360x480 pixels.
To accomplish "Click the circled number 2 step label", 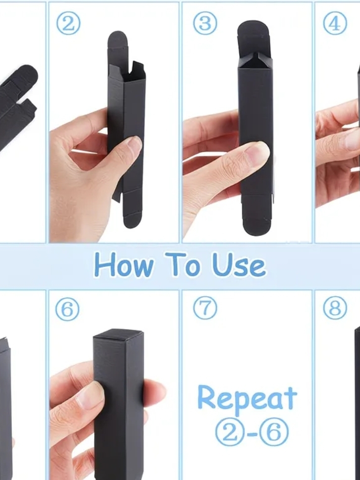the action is pyautogui.click(x=68, y=23).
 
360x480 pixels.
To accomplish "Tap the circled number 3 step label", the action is pyautogui.click(x=205, y=23).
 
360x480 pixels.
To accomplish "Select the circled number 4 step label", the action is pyautogui.click(x=335, y=23).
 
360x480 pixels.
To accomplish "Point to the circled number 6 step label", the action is pyautogui.click(x=67, y=309).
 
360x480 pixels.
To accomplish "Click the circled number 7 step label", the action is pyautogui.click(x=205, y=308).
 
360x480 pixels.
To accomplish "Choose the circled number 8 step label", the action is pyautogui.click(x=335, y=308).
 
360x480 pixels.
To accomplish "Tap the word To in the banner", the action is pyautogui.click(x=182, y=264).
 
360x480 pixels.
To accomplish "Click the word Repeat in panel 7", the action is pyautogui.click(x=247, y=398).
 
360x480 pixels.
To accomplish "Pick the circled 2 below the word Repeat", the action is pyautogui.click(x=230, y=432).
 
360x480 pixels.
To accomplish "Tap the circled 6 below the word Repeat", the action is pyautogui.click(x=274, y=432).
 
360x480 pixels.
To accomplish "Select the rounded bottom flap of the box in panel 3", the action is pyautogui.click(x=257, y=226).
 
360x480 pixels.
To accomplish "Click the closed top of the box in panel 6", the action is pyautogui.click(x=119, y=334).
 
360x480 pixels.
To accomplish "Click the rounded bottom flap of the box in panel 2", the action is pyautogui.click(x=133, y=219).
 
